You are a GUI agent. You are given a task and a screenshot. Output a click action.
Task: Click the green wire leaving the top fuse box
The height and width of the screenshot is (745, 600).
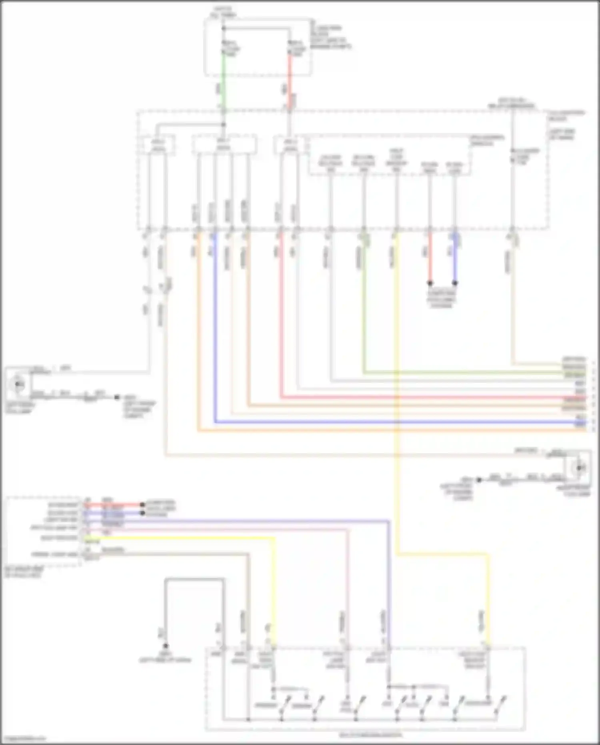[224, 80]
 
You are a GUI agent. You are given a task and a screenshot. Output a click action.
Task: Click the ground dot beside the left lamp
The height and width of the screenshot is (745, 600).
[117, 397]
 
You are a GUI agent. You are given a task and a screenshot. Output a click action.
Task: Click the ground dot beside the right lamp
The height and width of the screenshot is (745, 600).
[479, 479]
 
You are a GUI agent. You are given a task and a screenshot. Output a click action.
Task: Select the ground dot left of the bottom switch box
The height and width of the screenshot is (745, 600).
[165, 646]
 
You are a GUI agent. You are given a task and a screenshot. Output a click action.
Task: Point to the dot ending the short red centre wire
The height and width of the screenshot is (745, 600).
[430, 283]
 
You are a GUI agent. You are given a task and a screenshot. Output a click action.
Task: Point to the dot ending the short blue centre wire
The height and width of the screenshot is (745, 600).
[455, 283]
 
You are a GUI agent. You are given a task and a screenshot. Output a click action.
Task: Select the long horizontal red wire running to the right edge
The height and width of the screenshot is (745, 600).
[400, 398]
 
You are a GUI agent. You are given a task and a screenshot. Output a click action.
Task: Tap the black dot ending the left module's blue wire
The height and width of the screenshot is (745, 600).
[142, 513]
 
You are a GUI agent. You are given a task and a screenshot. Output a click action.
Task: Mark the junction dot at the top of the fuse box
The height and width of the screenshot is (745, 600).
[224, 28]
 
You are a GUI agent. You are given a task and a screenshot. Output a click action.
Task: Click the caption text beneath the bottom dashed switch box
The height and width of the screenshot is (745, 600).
[370, 735]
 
